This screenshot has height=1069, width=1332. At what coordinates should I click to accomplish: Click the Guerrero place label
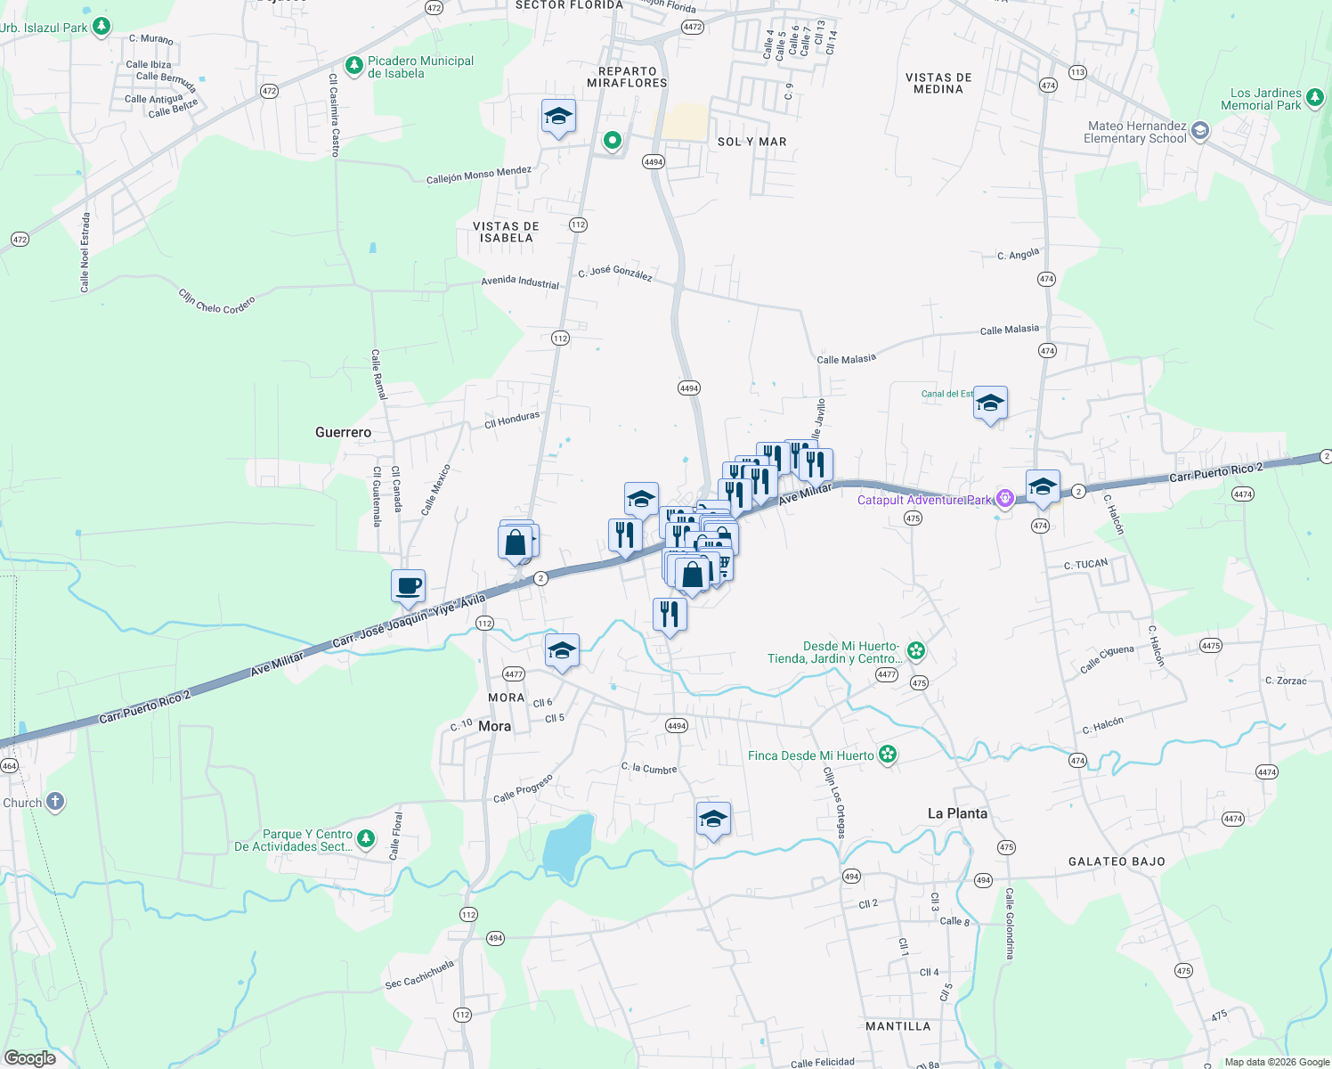click(x=343, y=432)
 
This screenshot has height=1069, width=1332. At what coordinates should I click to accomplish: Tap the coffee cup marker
click(x=408, y=587)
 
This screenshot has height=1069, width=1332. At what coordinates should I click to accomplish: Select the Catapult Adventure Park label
click(x=924, y=500)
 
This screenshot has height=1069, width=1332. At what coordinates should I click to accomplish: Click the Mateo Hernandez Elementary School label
click(x=1136, y=132)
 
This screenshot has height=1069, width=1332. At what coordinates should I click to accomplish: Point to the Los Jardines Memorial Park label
click(x=1265, y=99)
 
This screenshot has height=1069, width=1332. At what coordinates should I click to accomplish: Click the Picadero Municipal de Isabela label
click(x=420, y=67)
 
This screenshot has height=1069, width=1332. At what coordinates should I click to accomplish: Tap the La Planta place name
click(x=957, y=813)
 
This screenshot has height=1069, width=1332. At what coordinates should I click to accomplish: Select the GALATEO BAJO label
click(x=1117, y=861)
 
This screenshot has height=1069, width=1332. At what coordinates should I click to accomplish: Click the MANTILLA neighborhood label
click(x=897, y=1026)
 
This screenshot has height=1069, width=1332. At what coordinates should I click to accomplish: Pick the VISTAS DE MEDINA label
click(x=938, y=83)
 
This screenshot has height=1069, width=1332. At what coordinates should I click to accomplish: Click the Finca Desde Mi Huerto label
click(x=810, y=755)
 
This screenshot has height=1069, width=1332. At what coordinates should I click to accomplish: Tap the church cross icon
click(x=55, y=802)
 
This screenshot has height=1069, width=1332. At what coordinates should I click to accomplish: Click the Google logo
click(x=30, y=1058)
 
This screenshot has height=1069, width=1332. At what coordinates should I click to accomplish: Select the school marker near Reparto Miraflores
click(x=558, y=117)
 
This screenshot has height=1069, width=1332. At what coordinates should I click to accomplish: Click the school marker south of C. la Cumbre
click(x=713, y=819)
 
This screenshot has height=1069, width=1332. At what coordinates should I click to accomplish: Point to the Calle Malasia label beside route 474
click(x=1009, y=330)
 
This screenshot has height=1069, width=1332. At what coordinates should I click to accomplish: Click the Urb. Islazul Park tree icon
click(x=102, y=26)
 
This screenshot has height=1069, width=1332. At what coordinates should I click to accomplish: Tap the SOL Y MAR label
click(x=751, y=142)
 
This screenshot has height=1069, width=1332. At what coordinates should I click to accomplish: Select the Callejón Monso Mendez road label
click(x=478, y=175)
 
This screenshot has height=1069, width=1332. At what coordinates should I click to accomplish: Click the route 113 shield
click(x=1077, y=72)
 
